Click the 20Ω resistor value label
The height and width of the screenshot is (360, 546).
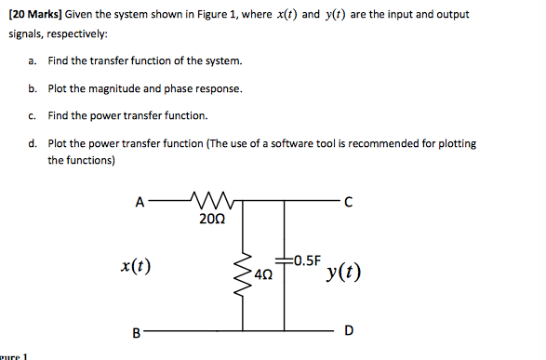point(211,220)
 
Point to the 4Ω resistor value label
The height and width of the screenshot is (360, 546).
point(264,276)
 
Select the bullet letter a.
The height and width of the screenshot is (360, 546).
point(33,61)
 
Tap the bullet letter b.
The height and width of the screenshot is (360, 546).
point(33,89)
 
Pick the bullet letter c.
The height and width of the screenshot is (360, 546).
point(33,116)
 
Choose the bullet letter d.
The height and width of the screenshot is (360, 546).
point(33,144)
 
